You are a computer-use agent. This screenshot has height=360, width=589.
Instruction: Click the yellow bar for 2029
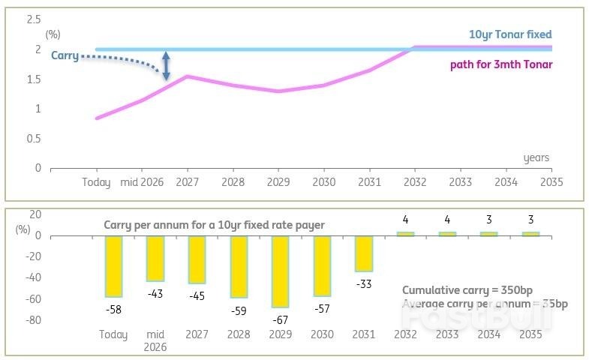[x=280, y=271]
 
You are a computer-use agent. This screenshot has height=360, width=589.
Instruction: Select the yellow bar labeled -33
[x=364, y=253]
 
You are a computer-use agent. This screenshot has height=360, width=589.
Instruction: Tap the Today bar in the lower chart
[x=114, y=266]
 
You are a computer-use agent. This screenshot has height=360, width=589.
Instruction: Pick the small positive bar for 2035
[x=530, y=234]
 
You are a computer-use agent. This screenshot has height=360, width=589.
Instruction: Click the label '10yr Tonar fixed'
[x=510, y=34]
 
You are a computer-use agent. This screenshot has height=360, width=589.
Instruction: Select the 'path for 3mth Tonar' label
[x=501, y=64]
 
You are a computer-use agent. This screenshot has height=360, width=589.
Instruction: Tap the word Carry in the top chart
[x=65, y=55]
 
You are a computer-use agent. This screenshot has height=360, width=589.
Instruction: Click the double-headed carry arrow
[x=167, y=65]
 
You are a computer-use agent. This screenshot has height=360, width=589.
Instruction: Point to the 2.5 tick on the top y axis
[x=34, y=19]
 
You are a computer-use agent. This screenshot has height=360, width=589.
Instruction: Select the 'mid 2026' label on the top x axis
[x=143, y=182]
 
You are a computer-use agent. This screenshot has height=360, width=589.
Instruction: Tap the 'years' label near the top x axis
[x=536, y=157]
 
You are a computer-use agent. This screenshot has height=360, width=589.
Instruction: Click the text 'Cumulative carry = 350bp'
[x=459, y=289]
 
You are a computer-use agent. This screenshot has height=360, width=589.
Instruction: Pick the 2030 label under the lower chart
[x=323, y=334]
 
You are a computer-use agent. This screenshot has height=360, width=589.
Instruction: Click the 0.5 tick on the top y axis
[x=34, y=138]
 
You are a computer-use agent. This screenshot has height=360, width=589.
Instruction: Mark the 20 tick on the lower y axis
[x=35, y=214]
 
